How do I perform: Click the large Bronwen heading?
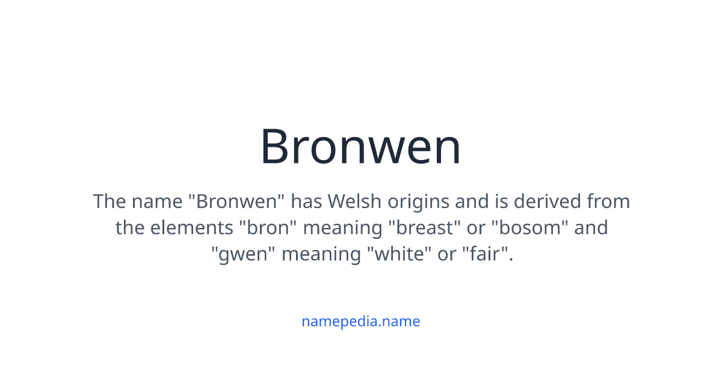pos(360,147)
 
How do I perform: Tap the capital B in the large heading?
pos(274,147)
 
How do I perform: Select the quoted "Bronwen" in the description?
pos(236,201)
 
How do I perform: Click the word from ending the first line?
pos(608,201)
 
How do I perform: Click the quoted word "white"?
pos(399,254)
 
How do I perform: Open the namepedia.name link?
pos(360,321)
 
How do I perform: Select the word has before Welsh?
pos(306,201)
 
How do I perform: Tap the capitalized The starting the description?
pos(109,201)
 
